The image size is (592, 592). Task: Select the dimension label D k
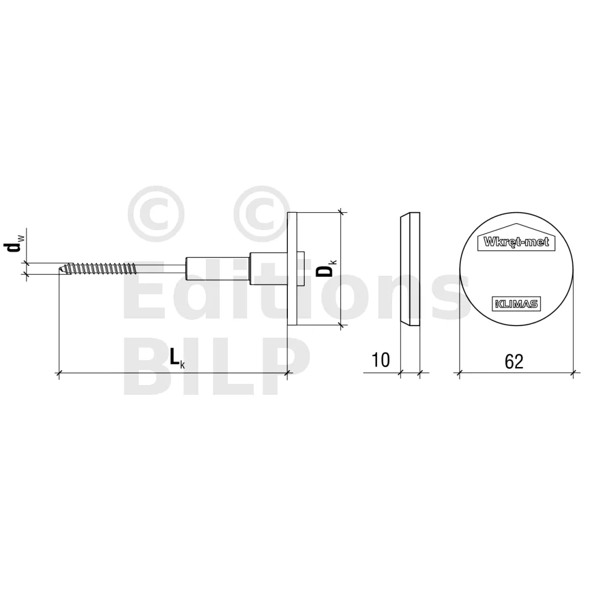tap(326, 267)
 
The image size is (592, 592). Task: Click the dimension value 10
tap(380, 360)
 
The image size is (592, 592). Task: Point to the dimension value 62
tap(514, 362)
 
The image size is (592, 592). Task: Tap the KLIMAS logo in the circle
tap(516, 304)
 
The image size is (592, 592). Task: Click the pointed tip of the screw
tap(59, 269)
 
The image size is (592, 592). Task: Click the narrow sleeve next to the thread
tap(217, 269)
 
